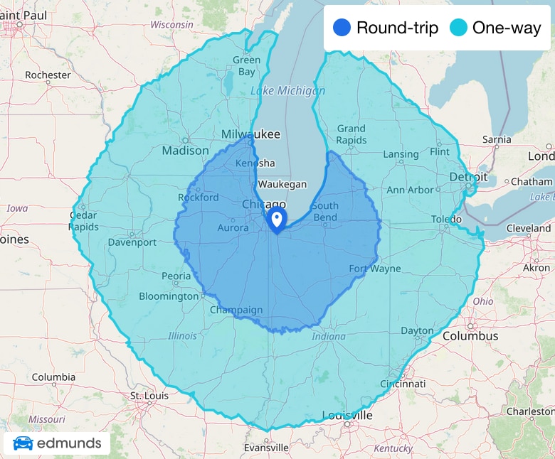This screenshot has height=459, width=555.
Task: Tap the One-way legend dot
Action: coord(458,28)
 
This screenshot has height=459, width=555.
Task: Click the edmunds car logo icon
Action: coord(23,444)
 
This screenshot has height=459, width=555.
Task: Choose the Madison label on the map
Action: coord(185,151)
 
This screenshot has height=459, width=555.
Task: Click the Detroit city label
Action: coord(468,176)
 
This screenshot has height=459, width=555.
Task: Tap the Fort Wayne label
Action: coord(375,269)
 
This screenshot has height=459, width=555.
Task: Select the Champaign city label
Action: coord(236,310)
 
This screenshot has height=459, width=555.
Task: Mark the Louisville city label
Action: coord(347,415)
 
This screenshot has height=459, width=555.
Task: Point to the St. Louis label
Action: coord(147,395)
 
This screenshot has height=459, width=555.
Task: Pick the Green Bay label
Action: coord(246,66)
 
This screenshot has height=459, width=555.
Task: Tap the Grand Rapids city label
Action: coord(351,134)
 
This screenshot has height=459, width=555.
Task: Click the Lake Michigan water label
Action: coord(287,90)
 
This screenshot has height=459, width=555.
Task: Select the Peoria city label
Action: coord(176,276)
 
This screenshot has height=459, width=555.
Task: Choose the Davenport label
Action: coord(132,242)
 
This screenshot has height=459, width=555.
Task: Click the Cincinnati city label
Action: coord(403,384)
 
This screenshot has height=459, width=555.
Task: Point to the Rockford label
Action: coord(199,197)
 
